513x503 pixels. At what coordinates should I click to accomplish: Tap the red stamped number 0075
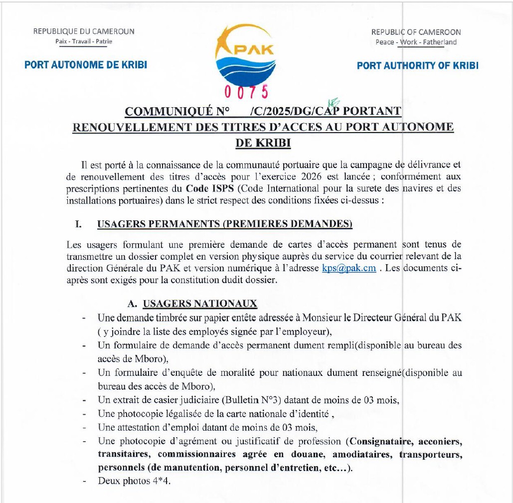pos(246,92)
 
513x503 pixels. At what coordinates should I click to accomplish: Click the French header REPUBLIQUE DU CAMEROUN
pos(84,31)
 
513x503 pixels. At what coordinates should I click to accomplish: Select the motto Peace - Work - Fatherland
pos(416,42)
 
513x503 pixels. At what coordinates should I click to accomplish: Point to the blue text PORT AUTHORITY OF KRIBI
pos(417,66)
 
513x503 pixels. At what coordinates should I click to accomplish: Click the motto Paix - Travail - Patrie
pos(84,41)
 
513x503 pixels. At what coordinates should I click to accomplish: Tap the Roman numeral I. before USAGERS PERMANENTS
pos(78,224)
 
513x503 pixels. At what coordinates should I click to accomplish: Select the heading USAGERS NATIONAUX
pos(200,304)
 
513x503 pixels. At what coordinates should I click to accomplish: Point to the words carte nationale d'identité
pos(279,414)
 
